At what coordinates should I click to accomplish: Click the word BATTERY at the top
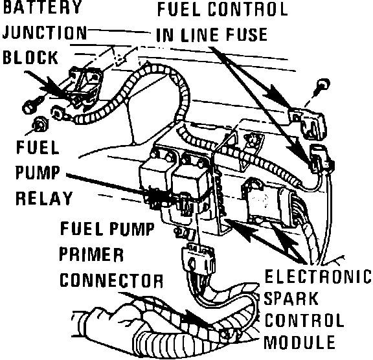[42, 6]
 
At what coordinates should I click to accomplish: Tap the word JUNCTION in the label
[45, 32]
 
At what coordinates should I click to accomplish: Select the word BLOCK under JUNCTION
[30, 58]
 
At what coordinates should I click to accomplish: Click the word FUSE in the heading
[247, 34]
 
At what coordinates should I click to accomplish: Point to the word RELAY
[44, 198]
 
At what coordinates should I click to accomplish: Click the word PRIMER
[91, 254]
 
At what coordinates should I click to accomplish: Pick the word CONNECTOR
[111, 280]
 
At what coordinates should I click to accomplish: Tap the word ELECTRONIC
[318, 276]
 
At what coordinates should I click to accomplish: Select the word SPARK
[291, 298]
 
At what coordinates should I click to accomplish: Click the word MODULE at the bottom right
[300, 342]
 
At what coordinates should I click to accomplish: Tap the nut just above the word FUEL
[40, 125]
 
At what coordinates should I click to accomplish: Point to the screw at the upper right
[324, 85]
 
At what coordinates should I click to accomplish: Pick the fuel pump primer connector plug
[199, 259]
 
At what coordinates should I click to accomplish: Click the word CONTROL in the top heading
[247, 9]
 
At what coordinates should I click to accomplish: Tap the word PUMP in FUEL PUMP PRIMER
[131, 229]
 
